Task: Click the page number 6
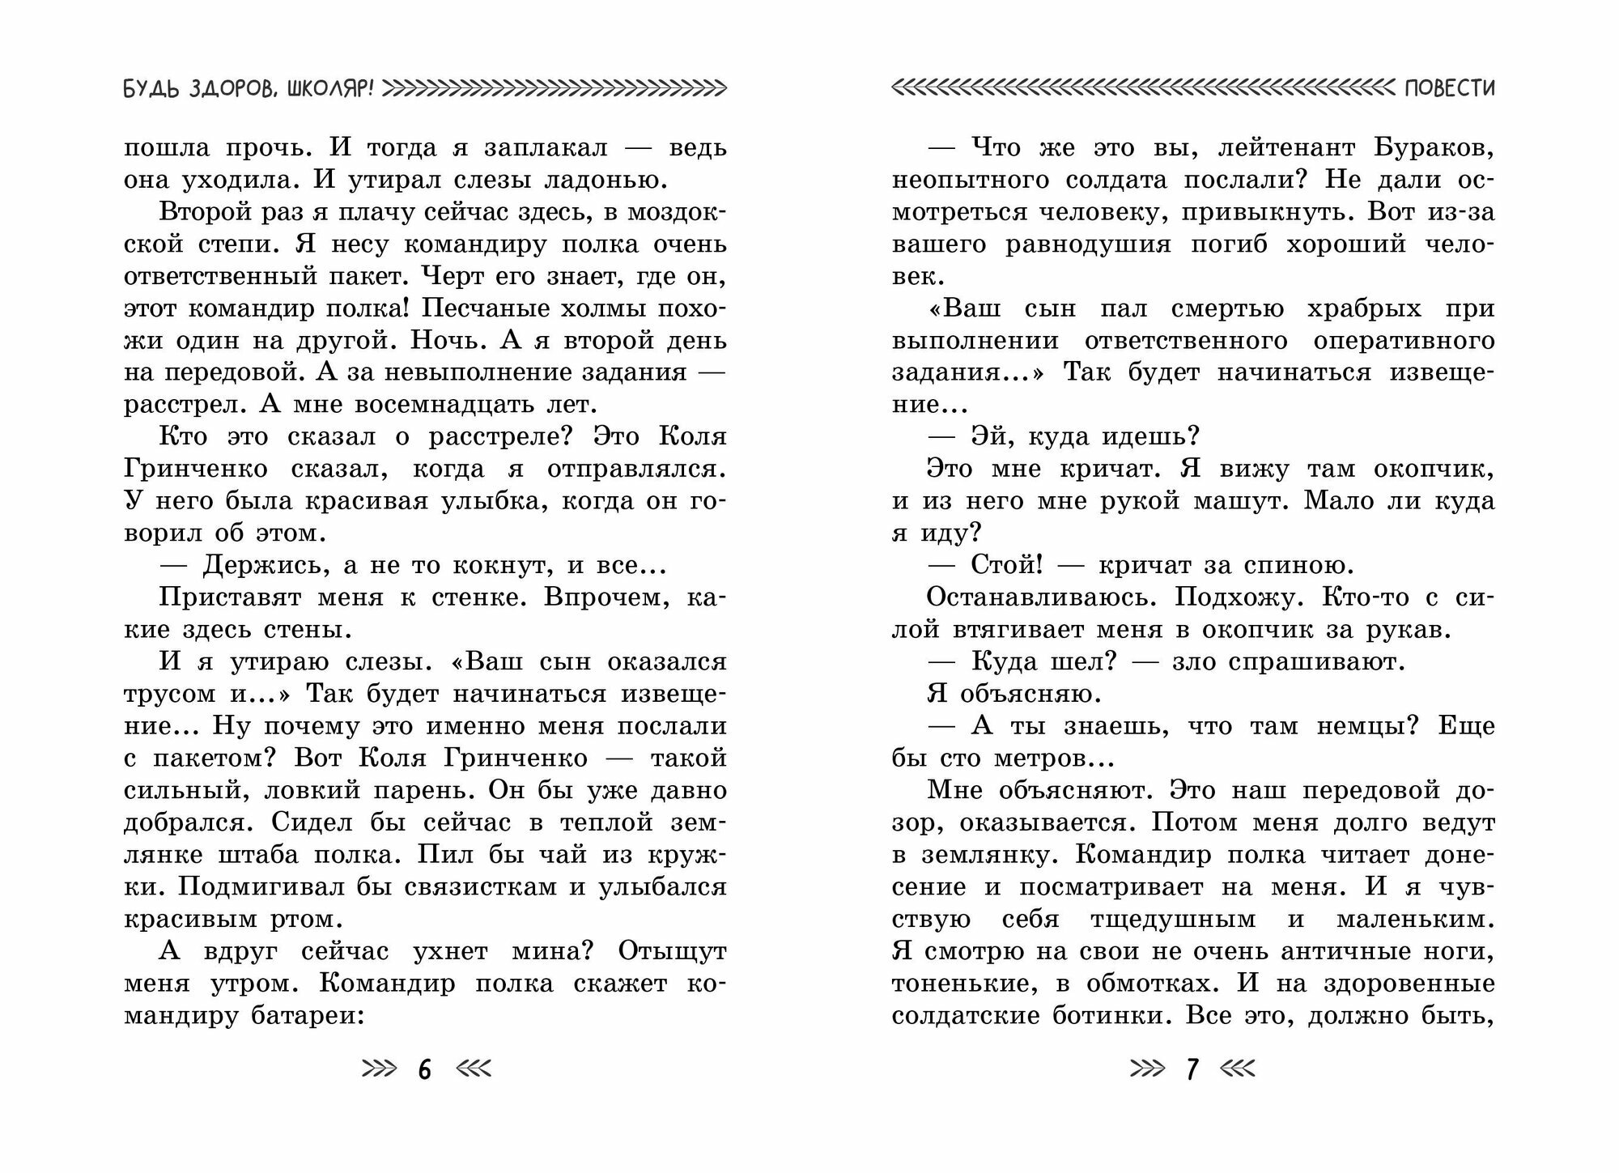[x=425, y=1070]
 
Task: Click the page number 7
[x=1192, y=1070]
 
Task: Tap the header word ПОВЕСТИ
[x=1450, y=88]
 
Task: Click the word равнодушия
[x=1087, y=244]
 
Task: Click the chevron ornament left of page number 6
[x=379, y=1070]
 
